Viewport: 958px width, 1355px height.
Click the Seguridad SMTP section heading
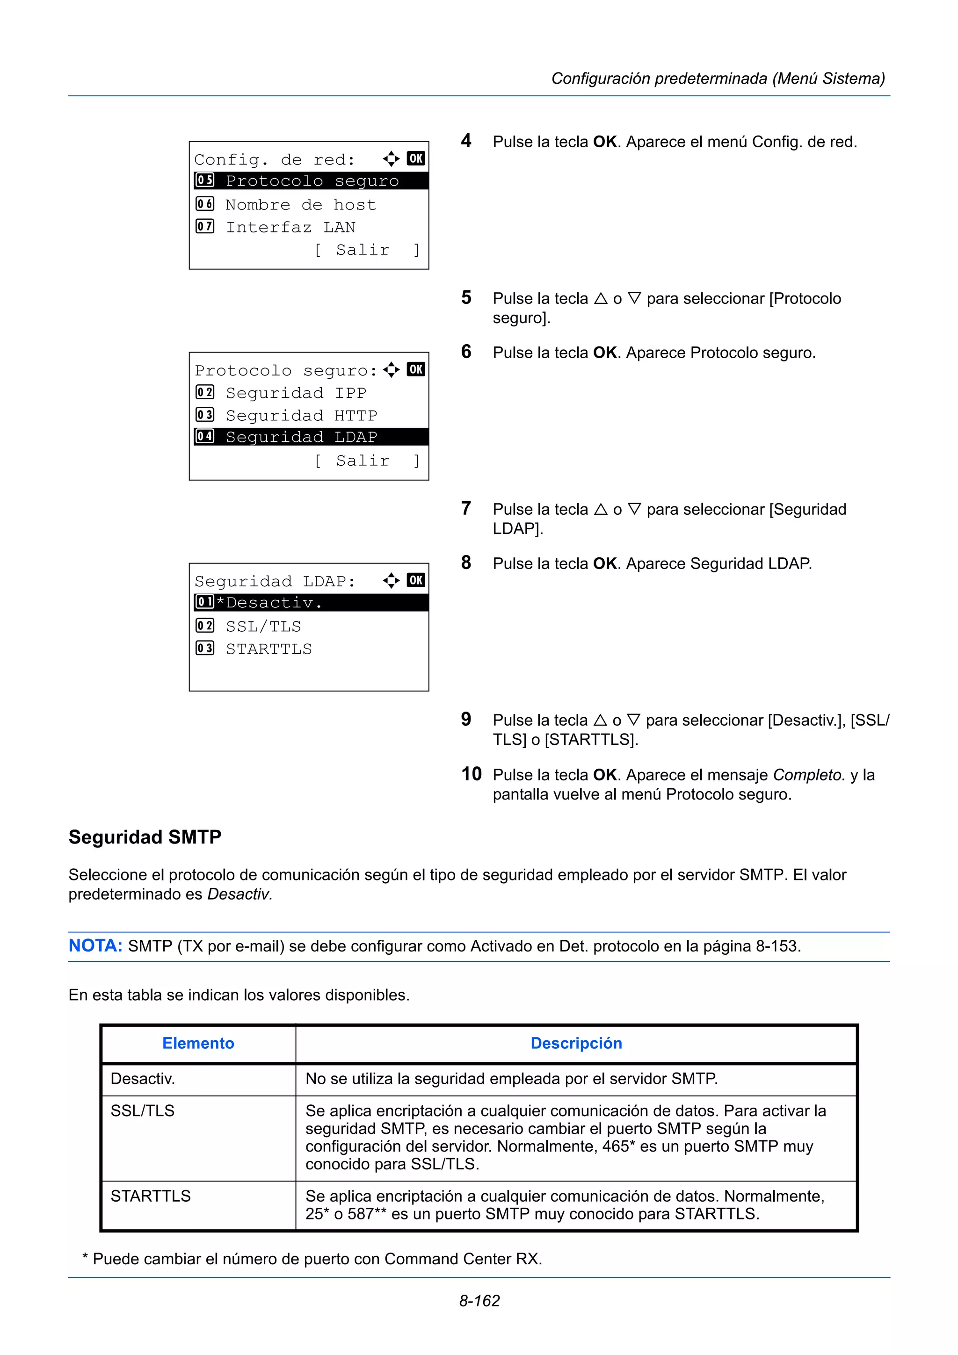[x=145, y=837]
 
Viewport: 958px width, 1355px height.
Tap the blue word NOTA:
[x=95, y=945]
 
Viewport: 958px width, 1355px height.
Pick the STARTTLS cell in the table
[x=151, y=1196]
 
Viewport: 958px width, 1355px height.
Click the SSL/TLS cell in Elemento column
[x=142, y=1110]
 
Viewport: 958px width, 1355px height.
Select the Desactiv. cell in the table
[x=142, y=1079]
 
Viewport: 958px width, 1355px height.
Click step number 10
[x=471, y=774]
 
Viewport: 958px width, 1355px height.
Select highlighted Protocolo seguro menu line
[x=311, y=180]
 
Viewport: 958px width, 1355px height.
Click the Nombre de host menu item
[x=300, y=205]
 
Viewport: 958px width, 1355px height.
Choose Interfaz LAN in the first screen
[x=290, y=227]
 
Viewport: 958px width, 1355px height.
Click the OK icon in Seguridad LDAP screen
[x=415, y=580]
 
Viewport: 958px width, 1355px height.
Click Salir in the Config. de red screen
[x=363, y=250]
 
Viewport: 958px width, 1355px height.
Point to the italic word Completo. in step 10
[x=809, y=775]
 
